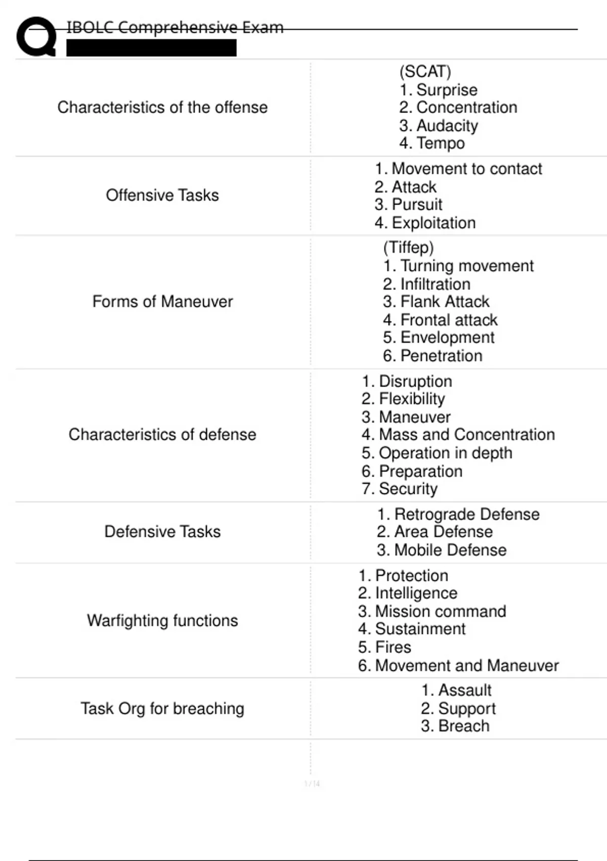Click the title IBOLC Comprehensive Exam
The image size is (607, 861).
[x=175, y=27]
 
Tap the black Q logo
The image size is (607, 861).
[x=36, y=36]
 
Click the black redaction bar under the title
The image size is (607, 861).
[x=151, y=48]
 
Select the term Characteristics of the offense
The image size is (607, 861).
[x=162, y=107]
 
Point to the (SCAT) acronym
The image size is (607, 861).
[x=425, y=71]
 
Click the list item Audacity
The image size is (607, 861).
[x=439, y=125]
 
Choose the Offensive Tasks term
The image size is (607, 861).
[x=162, y=195]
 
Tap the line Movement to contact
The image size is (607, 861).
[x=458, y=169]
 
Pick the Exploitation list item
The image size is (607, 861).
[x=425, y=223]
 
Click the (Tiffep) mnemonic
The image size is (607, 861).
[x=408, y=247]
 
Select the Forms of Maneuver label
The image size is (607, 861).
[x=162, y=301]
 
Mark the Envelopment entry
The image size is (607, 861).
[x=439, y=337]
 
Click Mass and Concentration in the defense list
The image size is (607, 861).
[x=458, y=435]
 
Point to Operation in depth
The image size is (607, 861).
[x=437, y=453]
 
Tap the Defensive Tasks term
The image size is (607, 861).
[x=162, y=531]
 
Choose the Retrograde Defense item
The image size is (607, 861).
[x=458, y=514]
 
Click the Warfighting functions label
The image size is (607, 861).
[x=162, y=620]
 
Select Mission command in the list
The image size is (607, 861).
[x=432, y=611]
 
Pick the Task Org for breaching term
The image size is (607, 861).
[x=162, y=708]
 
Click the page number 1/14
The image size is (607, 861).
[x=312, y=784]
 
